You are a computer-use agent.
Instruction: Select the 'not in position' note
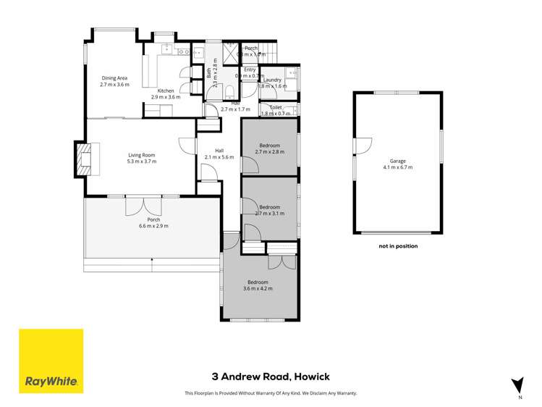click(x=397, y=246)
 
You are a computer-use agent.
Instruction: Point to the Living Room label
click(x=143, y=155)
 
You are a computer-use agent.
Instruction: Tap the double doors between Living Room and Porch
click(x=137, y=205)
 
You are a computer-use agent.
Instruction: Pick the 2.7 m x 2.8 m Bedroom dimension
click(x=269, y=152)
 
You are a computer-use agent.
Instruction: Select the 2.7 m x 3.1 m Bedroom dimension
click(x=269, y=213)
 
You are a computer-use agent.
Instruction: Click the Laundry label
click(x=273, y=80)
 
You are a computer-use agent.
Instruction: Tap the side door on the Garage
click(x=356, y=146)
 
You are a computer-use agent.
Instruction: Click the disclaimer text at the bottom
click(x=271, y=393)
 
